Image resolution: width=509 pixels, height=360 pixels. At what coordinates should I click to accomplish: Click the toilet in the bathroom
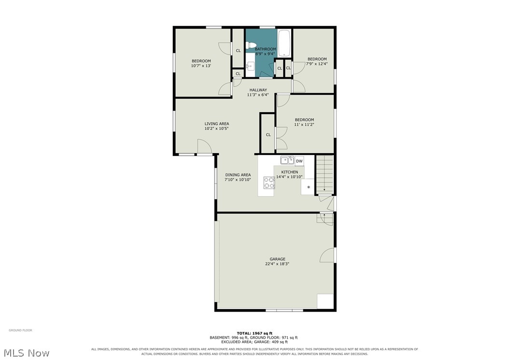(x=251, y=45)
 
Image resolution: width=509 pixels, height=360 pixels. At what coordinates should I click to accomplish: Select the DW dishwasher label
(x=299, y=161)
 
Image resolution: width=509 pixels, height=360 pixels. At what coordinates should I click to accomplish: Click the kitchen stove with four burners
(x=269, y=183)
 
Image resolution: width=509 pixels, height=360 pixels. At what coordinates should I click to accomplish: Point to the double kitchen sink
(x=287, y=160)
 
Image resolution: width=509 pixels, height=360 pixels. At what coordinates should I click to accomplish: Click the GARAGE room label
(x=278, y=259)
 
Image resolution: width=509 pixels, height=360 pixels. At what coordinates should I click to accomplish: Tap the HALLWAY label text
(x=258, y=90)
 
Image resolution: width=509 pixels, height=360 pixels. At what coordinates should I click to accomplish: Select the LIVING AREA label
(x=216, y=124)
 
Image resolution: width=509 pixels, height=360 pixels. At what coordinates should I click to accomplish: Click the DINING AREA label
(x=238, y=175)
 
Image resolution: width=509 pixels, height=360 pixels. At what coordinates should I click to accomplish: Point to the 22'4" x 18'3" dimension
(x=277, y=264)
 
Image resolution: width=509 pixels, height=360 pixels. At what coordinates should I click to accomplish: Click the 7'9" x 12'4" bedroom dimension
(x=317, y=64)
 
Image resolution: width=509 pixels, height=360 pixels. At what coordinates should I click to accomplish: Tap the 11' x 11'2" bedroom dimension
(x=304, y=125)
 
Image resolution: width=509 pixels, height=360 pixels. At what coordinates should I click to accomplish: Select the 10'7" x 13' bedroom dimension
(x=201, y=66)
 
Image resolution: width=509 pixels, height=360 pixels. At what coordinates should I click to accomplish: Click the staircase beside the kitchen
(x=325, y=174)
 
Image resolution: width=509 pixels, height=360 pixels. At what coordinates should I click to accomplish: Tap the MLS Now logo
(x=27, y=353)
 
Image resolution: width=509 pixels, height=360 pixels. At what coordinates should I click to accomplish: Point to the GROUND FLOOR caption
(x=20, y=331)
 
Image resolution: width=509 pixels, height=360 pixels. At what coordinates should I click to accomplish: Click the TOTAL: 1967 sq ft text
(x=254, y=333)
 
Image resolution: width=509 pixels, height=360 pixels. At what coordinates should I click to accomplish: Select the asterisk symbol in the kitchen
(x=309, y=187)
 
